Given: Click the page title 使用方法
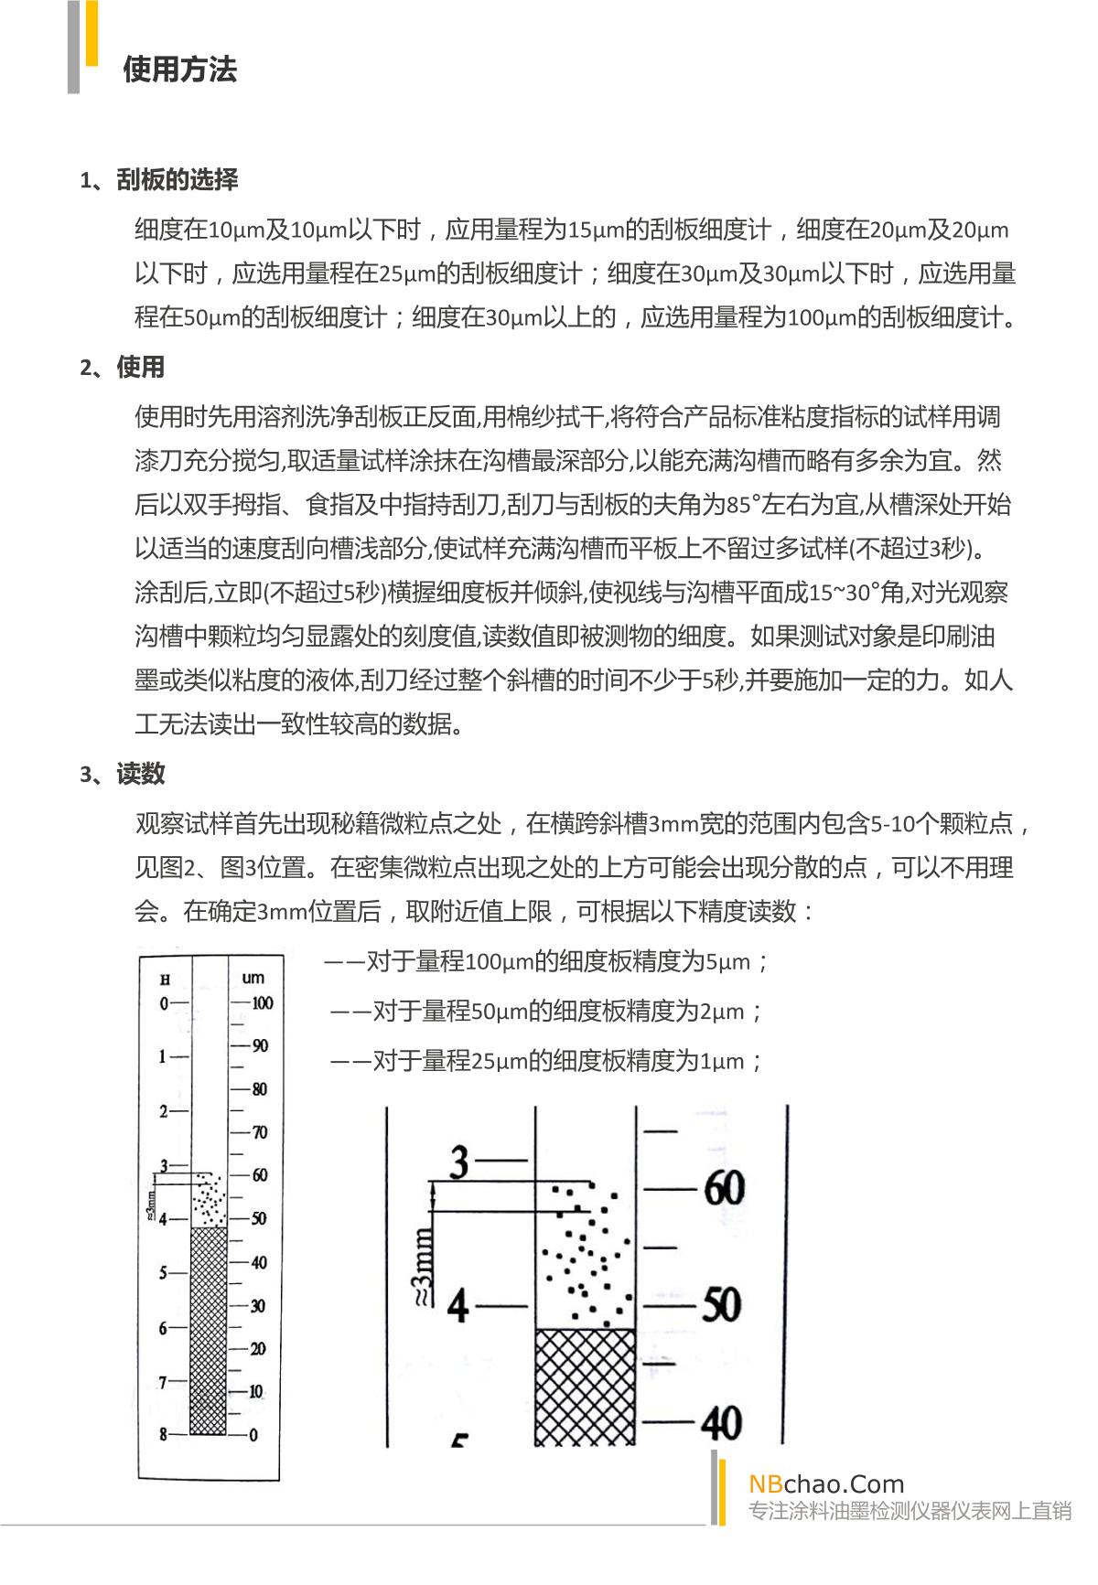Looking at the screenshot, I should coord(179,70).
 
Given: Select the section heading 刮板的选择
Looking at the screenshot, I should coord(177,179).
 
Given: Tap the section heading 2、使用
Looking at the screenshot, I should coord(123,368).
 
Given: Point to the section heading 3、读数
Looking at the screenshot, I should coord(123,775).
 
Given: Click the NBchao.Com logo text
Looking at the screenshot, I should coord(826,1483).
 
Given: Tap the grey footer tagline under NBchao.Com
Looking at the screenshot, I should coord(910,1511).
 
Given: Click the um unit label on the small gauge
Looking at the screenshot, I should coord(253,978).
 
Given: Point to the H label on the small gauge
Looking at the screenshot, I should coord(166,980).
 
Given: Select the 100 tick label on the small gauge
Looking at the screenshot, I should coord(263,1002).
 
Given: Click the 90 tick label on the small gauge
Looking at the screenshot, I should coord(260,1045).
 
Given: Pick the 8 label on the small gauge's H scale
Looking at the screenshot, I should coord(164,1434).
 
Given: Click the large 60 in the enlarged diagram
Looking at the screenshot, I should coord(724,1189).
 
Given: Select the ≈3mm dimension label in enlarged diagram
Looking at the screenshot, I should coord(423,1266).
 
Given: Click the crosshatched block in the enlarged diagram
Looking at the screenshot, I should coord(585,1387).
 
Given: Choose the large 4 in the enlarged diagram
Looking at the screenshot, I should coord(458,1305).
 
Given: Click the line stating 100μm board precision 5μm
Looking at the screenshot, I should coord(546,962).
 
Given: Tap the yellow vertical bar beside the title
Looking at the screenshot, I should coord(91,32).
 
